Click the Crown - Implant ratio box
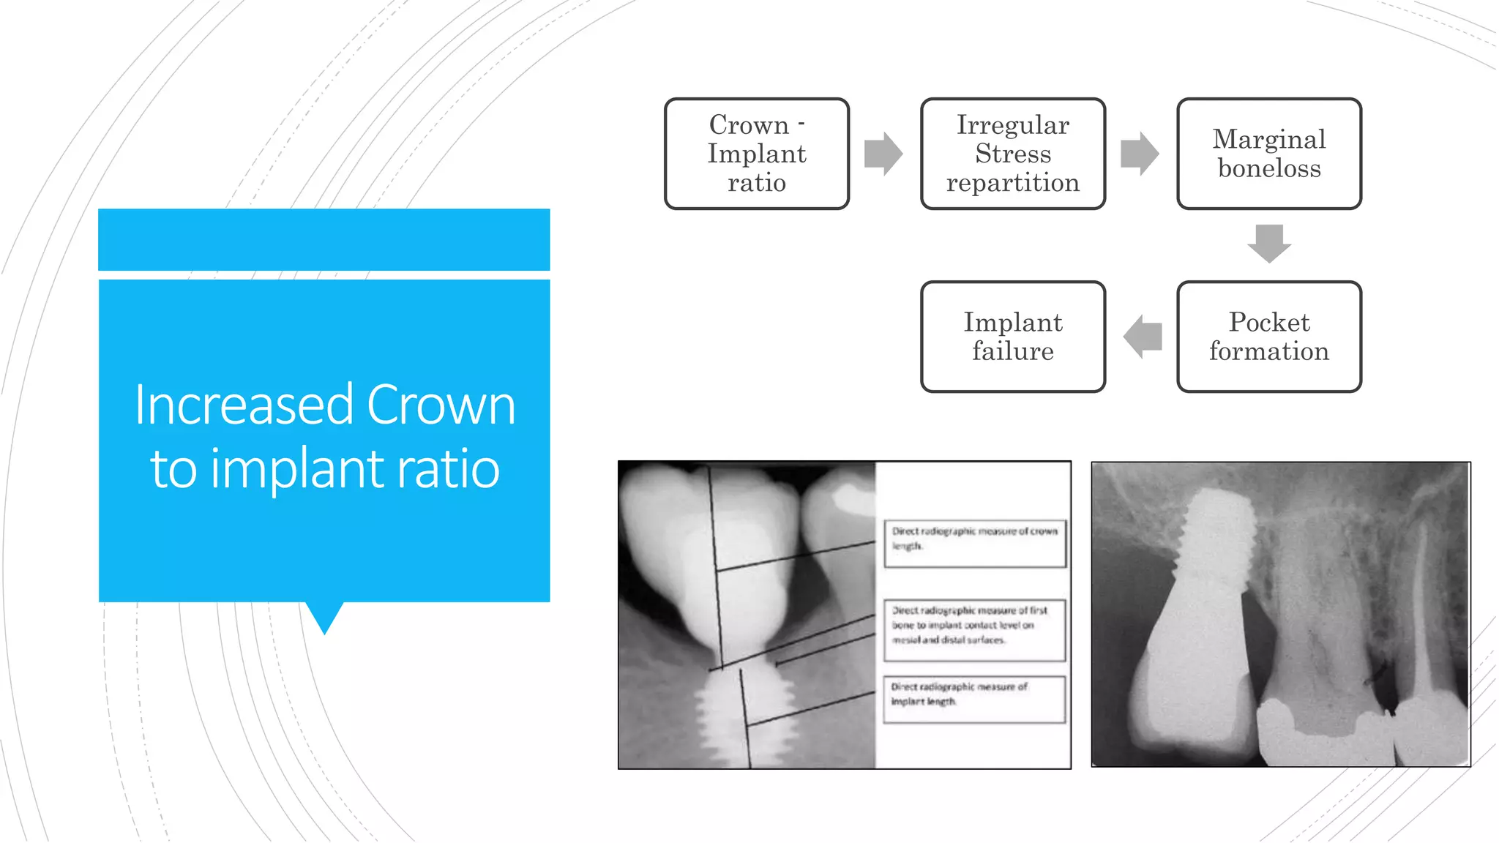point(756,154)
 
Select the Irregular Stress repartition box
point(1012,154)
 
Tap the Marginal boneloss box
point(1268,154)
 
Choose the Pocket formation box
point(1268,337)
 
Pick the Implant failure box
point(1012,337)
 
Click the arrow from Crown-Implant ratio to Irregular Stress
point(883,154)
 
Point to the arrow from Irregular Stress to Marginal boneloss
point(1140,154)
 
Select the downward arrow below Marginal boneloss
point(1269,243)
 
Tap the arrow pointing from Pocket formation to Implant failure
point(1143,337)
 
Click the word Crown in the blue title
point(441,405)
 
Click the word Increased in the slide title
point(244,405)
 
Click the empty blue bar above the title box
point(324,239)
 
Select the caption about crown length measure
point(974,542)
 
